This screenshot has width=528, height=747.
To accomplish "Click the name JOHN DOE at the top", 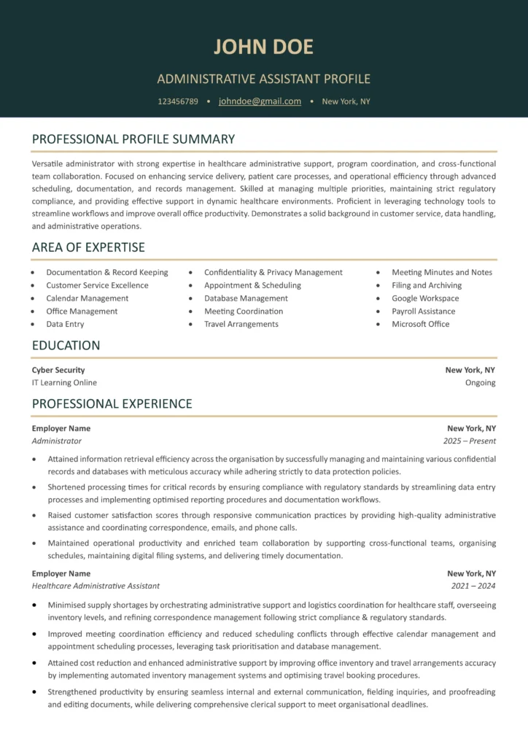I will [x=263, y=47].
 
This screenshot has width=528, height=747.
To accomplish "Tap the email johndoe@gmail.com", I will [x=260, y=101].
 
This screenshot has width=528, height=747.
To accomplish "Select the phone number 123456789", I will [x=178, y=101].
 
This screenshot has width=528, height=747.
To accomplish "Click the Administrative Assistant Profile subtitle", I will [x=263, y=79].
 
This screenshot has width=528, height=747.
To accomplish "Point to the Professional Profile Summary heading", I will [x=133, y=139].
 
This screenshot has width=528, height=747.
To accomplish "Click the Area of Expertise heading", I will [x=88, y=247].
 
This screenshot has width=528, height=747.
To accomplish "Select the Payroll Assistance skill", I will [x=423, y=311].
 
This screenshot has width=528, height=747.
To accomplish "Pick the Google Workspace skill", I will [x=425, y=298].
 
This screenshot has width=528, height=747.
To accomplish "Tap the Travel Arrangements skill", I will [x=241, y=324].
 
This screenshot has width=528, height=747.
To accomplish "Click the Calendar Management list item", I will [x=87, y=298].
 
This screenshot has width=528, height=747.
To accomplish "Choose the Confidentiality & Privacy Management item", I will [x=273, y=272].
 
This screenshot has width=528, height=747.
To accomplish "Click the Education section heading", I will [x=66, y=346].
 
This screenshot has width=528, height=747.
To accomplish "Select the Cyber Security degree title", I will [x=58, y=370].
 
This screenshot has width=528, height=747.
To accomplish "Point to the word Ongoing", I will [x=480, y=382].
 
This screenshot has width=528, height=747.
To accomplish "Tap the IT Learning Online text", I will [x=64, y=382].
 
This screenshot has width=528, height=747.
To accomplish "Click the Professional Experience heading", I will [x=112, y=404].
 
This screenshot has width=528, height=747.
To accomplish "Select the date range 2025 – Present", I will [x=469, y=441].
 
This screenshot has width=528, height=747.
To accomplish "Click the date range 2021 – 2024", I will [x=473, y=586].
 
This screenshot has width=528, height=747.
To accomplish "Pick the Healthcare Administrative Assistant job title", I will [x=96, y=586].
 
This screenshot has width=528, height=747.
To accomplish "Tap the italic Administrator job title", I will [x=57, y=441].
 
